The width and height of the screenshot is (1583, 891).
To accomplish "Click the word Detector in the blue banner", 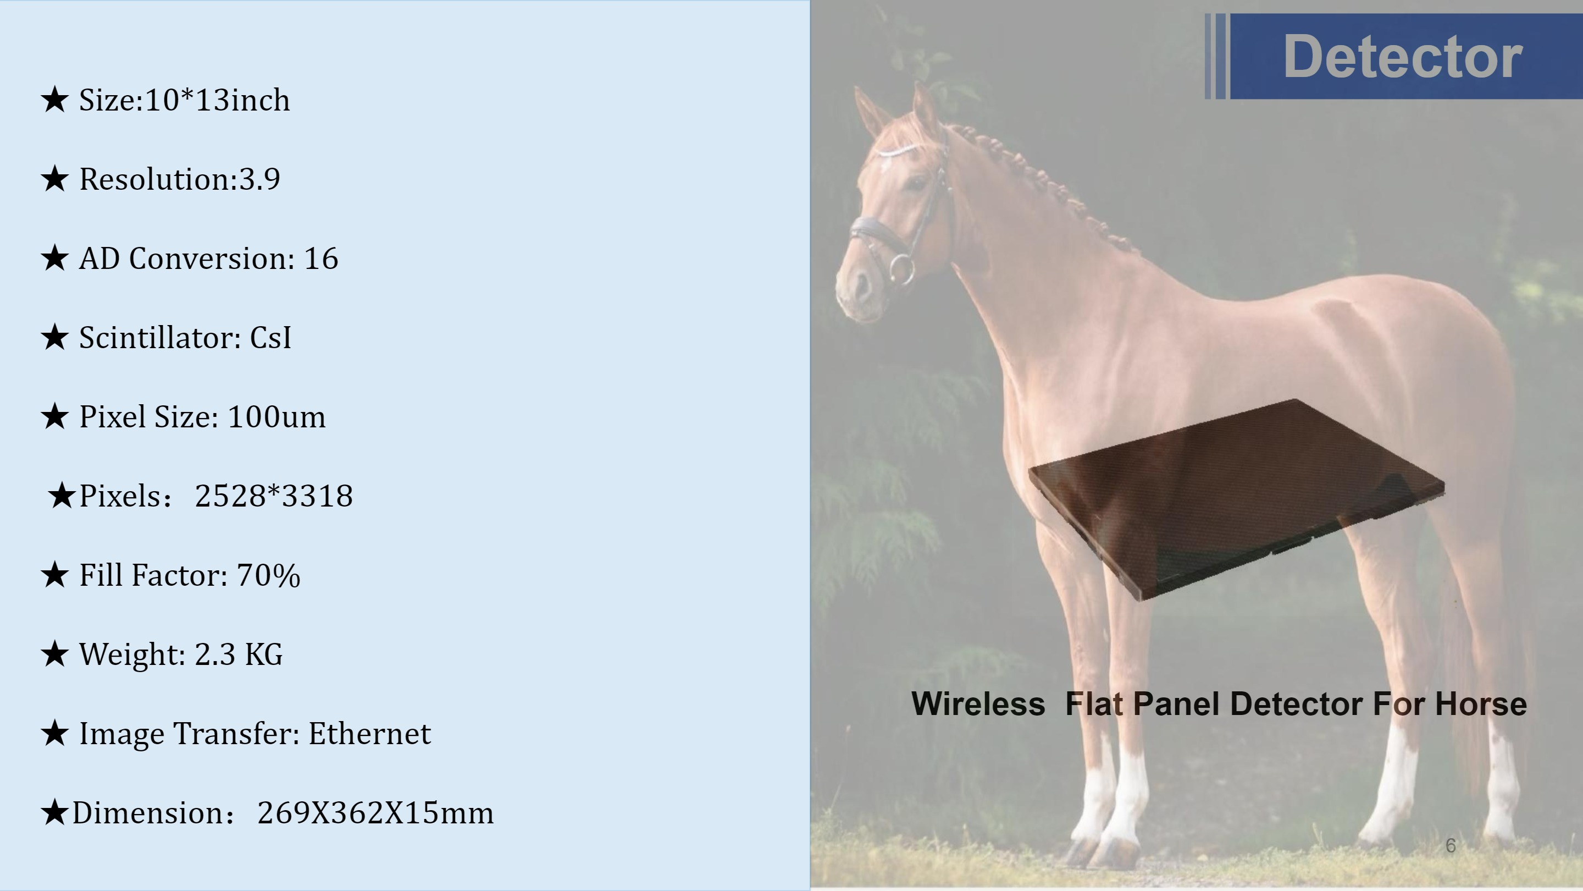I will click(x=1402, y=57).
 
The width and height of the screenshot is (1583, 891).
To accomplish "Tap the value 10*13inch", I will click(x=218, y=100).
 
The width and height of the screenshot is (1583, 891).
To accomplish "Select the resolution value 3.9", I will click(x=259, y=179).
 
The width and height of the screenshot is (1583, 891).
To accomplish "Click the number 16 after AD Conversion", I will click(x=321, y=258).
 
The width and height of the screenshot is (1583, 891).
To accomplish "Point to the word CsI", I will click(x=270, y=338).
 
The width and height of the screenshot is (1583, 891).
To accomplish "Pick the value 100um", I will click(x=276, y=417).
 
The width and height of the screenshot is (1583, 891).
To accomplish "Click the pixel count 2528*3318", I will click(x=274, y=496).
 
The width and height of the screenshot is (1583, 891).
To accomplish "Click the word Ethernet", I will click(x=369, y=734).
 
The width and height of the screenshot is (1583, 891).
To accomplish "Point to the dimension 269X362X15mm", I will click(x=375, y=813).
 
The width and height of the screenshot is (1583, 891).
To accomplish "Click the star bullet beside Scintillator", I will click(x=55, y=338).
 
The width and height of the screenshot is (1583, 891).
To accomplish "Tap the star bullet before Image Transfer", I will click(x=55, y=734).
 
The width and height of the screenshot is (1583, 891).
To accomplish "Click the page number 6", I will click(x=1451, y=845).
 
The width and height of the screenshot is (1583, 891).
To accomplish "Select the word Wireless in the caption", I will click(x=978, y=704).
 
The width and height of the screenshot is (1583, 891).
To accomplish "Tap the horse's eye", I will click(x=916, y=182).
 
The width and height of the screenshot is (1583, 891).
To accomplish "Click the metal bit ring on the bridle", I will click(x=901, y=269).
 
